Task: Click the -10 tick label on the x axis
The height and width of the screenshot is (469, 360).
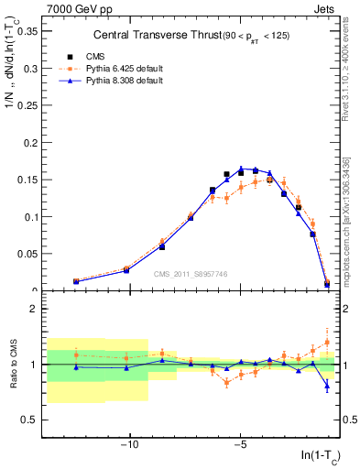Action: (x=129, y=446)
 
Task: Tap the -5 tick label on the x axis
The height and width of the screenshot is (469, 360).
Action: (x=240, y=446)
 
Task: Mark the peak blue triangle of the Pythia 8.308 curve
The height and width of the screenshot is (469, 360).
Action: (x=241, y=169)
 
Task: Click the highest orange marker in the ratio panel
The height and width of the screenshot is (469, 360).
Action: (x=327, y=343)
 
